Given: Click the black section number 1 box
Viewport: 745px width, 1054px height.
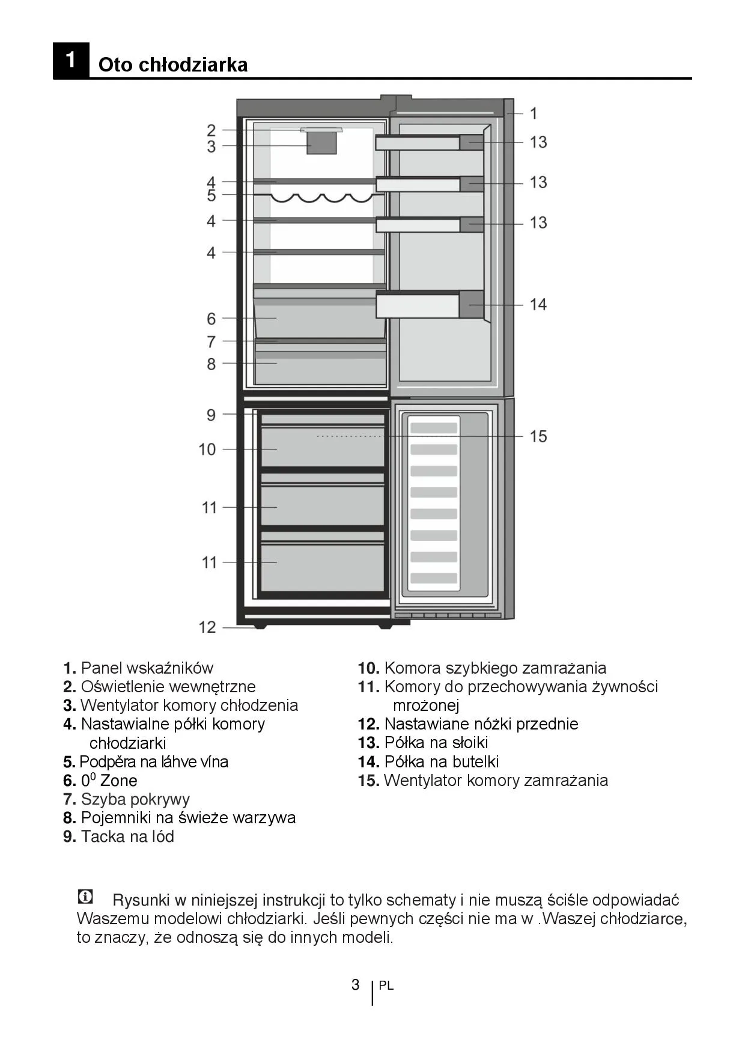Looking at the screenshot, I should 71,61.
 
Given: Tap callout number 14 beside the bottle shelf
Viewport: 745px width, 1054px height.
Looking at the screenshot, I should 538,305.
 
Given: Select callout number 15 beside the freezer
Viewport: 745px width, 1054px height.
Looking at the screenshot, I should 538,436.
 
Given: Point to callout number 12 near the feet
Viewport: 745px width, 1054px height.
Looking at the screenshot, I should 207,627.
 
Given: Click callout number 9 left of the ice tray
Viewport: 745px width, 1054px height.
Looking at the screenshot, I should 211,415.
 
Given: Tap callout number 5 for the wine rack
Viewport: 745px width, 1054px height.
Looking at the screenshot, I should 211,195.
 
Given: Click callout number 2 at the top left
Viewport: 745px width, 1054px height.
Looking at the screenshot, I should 211,130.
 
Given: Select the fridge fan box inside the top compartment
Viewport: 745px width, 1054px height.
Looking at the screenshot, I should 321,143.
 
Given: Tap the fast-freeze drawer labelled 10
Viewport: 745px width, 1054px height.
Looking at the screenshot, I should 323,448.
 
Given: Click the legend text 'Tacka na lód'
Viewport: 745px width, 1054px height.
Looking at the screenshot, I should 127,836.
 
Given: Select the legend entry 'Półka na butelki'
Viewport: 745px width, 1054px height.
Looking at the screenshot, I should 441,762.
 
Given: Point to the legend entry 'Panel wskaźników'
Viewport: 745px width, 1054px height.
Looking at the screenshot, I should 147,668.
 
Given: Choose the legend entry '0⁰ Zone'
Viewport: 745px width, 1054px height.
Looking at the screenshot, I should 109,781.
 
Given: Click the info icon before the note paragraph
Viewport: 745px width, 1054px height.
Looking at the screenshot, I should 86,897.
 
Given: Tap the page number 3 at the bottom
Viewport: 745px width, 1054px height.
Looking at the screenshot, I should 355,984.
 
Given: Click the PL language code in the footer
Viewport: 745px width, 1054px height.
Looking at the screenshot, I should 386,986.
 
